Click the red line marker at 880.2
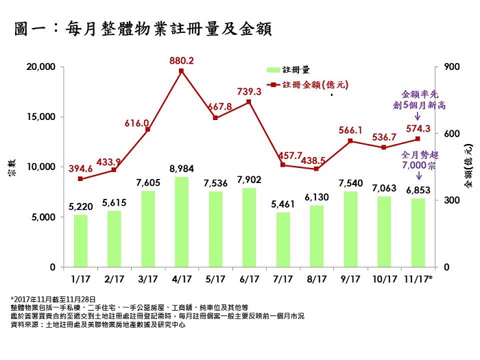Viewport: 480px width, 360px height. [181, 71]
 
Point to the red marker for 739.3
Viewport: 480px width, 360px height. [248, 102]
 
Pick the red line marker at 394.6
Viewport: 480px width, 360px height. [80, 179]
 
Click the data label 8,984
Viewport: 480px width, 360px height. [181, 169]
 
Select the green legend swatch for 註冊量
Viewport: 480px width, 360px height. [272, 70]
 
